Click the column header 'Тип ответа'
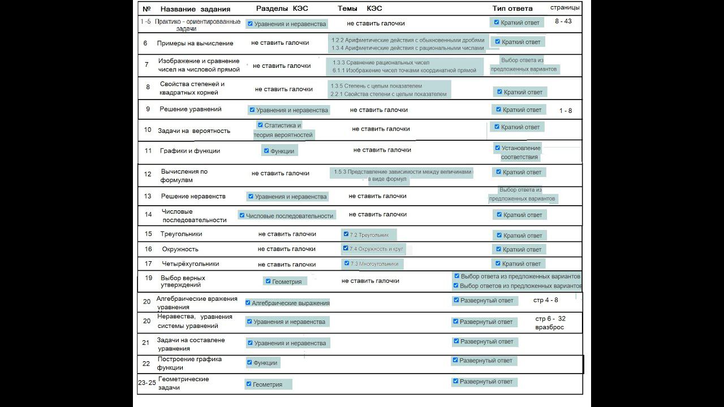tap(512, 8)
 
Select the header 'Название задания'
tap(195, 9)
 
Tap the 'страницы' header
tap(564, 7)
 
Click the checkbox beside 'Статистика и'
tap(260, 125)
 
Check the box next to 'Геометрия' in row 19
tap(268, 281)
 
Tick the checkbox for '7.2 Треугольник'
tap(346, 233)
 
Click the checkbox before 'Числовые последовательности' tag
tap(242, 215)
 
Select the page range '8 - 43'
tap(563, 21)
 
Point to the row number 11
tap(148, 151)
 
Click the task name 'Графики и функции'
tap(190, 151)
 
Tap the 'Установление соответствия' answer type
tap(520, 153)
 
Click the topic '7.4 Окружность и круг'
tap(376, 249)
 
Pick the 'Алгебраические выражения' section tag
tap(290, 303)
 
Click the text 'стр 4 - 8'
tap(545, 300)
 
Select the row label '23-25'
tap(147, 383)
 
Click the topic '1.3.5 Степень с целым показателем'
tap(377, 86)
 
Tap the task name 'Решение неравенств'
tap(193, 196)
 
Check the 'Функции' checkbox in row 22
tap(249, 362)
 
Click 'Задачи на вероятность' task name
tap(194, 131)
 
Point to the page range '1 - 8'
tap(565, 111)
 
